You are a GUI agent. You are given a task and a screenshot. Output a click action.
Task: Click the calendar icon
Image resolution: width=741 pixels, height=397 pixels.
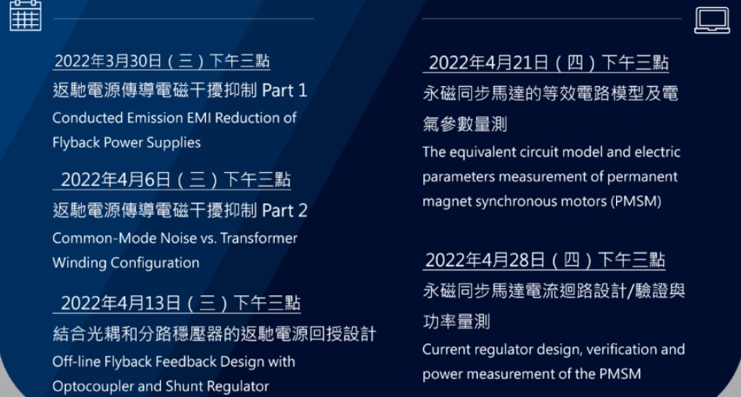26,15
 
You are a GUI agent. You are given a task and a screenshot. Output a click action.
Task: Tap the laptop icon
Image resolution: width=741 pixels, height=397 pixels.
711,20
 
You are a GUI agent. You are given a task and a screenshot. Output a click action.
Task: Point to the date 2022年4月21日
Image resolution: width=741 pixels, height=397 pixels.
489,63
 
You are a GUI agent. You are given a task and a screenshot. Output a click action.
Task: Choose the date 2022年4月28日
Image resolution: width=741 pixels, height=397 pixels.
486,260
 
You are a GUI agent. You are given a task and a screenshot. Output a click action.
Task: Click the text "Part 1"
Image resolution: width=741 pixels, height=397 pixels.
284,91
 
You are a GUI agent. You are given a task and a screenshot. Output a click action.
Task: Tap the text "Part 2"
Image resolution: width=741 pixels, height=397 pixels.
284,210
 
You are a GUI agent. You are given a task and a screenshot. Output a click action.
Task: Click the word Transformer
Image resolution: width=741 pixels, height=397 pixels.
259,238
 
